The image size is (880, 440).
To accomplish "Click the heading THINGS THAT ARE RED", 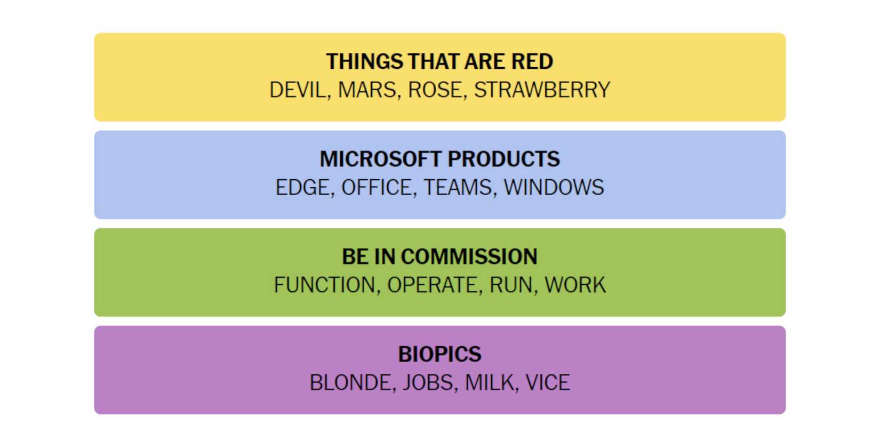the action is (439, 62).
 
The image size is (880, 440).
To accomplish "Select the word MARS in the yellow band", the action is (367, 90).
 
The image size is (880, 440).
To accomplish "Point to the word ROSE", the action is (435, 90).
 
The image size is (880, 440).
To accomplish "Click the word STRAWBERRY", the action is (542, 90).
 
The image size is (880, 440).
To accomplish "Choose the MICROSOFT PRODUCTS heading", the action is (439, 159).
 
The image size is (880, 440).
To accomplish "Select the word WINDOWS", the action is (554, 187).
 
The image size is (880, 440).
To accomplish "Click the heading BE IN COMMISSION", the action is (439, 257).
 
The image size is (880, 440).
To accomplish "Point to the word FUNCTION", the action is (325, 285).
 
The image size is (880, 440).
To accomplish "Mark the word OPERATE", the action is (432, 285).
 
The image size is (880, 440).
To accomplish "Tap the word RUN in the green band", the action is (511, 285).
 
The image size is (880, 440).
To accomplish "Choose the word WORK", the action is (575, 285).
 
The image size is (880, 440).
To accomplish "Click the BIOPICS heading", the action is (439, 354).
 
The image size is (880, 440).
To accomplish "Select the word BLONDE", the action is (350, 382).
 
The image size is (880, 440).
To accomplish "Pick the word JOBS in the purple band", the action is (428, 382).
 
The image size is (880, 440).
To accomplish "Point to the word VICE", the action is (548, 382).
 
